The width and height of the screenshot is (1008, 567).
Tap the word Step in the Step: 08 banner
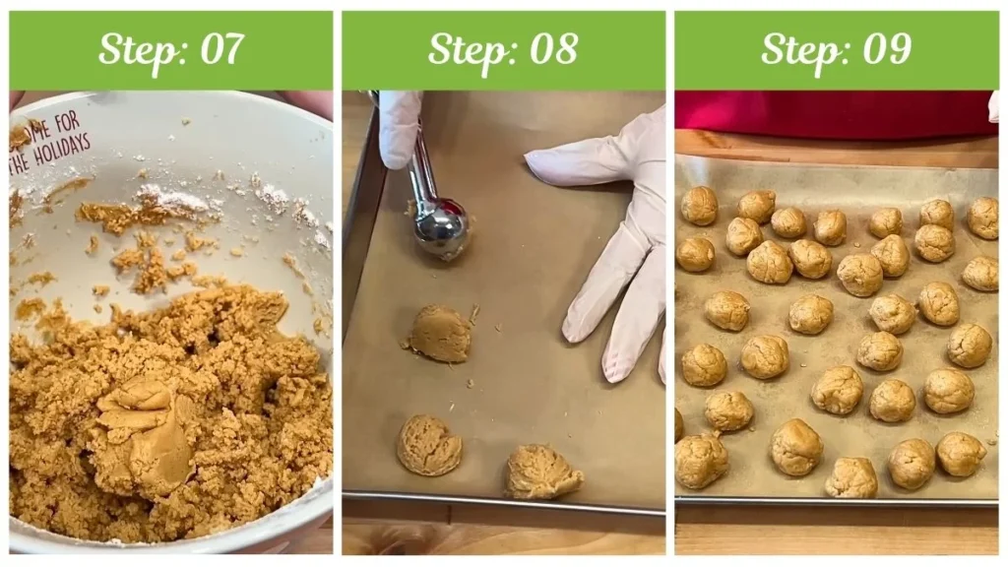click(461, 49)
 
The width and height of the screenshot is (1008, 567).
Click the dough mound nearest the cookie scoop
click(439, 334)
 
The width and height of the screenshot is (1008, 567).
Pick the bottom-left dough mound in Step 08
click(428, 445)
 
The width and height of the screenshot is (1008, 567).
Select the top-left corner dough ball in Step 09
click(700, 206)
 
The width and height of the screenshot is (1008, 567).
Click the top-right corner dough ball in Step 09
click(982, 218)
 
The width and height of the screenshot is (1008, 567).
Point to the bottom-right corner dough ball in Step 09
click(961, 454)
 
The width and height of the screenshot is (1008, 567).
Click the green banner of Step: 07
click(59, 49)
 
